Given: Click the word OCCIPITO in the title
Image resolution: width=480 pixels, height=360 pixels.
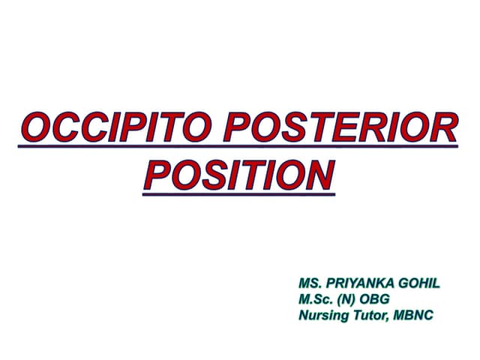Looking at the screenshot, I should (x=116, y=129).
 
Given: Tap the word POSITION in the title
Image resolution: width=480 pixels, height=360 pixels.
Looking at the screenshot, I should (x=238, y=175).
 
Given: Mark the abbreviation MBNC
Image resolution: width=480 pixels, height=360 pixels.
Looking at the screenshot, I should (x=417, y=315).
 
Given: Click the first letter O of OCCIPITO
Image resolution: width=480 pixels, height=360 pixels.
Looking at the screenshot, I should (x=33, y=129).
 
